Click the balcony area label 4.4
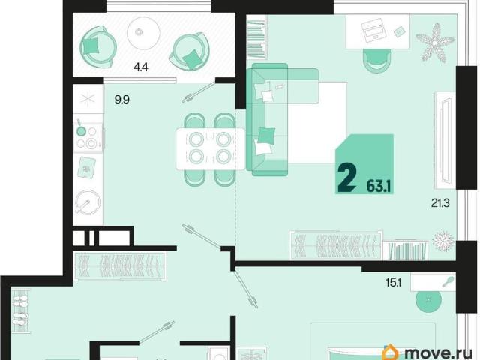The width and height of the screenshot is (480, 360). pos(141,67)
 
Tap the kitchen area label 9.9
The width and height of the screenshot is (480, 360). pos(121,100)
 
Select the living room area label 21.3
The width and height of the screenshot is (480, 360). pos(440,203)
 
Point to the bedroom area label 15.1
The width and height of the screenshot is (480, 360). pos(393,283)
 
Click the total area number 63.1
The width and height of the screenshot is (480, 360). pos(379,186)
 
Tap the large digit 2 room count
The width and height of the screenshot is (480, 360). pos(346,177)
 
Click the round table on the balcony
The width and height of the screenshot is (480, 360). pos(143,33)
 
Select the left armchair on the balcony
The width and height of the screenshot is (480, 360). pos(97,47)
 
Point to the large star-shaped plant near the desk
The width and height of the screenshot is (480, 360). pos(434,42)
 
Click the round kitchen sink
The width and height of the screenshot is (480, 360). pos(88,202)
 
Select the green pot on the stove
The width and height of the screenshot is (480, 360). pos(80,130)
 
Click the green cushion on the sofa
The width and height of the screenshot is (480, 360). pos(266,135)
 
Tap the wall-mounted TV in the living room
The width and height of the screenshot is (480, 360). pos(445,140)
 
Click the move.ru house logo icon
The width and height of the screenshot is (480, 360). pos(392,352)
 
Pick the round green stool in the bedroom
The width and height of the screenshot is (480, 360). pos(428,299)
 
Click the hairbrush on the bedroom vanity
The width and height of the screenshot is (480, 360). pos(448,281)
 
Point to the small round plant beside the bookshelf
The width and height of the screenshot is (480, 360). pos(443,239)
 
